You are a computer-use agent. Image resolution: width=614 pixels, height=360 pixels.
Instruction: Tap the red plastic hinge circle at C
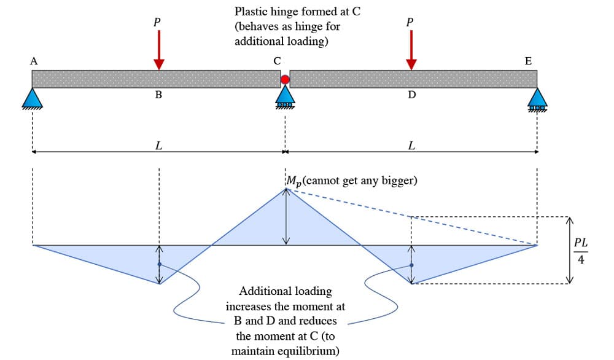pyautogui.click(x=285, y=79)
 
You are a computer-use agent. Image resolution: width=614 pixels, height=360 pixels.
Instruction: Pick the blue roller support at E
pyautogui.click(x=538, y=98)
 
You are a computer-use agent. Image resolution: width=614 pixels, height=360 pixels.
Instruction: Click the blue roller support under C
pyautogui.click(x=285, y=96)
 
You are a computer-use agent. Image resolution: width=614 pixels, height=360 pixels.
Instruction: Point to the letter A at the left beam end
pyautogui.click(x=34, y=61)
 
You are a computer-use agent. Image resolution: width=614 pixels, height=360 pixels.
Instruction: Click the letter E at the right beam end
pyautogui.click(x=529, y=61)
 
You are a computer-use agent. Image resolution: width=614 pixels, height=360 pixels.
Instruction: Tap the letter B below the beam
pyautogui.click(x=158, y=95)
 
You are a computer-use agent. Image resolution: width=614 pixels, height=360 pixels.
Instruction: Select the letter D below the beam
pyautogui.click(x=411, y=95)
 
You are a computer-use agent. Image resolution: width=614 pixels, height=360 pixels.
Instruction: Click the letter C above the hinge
pyautogui.click(x=278, y=61)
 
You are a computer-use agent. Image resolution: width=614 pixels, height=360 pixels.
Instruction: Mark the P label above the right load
pyautogui.click(x=410, y=22)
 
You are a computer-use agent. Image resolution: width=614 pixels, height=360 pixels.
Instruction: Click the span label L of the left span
pyautogui.click(x=158, y=146)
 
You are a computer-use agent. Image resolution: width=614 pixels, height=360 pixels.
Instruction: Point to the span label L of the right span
pyautogui.click(x=411, y=146)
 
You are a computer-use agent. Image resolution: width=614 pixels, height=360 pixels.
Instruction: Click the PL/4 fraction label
pyautogui.click(x=581, y=250)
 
